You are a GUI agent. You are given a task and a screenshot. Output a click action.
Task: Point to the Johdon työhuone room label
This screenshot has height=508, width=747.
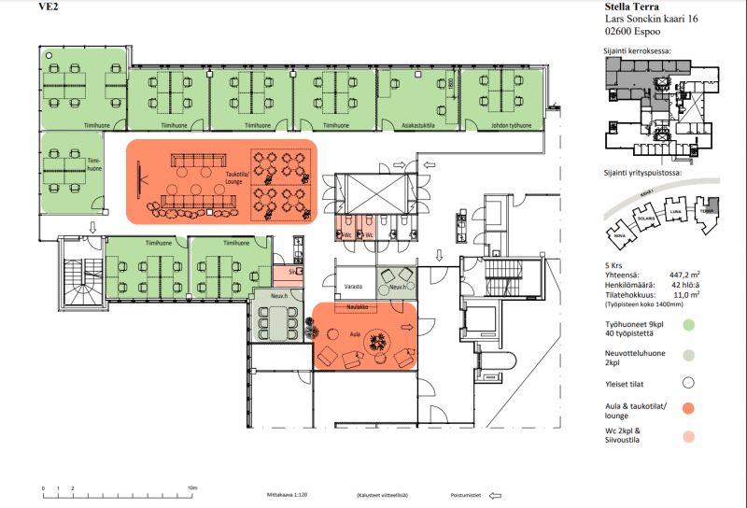(x=513, y=124)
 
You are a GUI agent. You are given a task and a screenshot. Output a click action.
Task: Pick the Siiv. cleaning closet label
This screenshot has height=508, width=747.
(x=292, y=272)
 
